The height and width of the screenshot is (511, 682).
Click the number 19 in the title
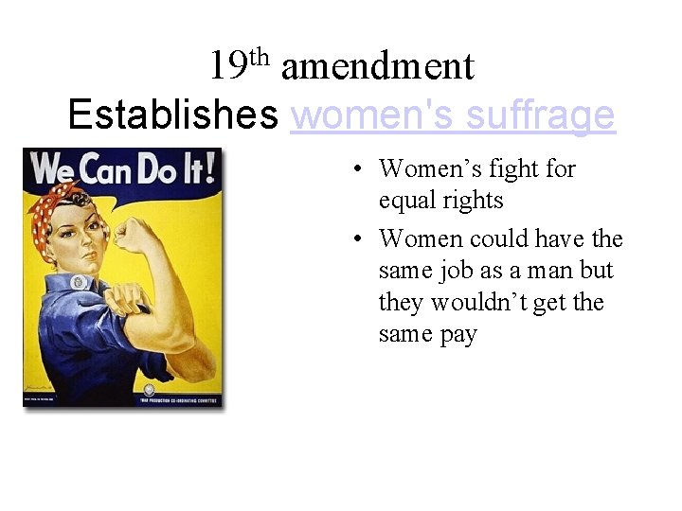tap(227, 67)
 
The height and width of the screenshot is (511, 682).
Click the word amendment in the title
tap(377, 67)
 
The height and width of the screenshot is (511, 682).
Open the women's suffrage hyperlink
tap(454, 115)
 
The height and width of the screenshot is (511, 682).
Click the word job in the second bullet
tap(456, 271)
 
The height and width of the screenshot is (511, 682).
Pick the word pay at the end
tap(458, 334)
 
